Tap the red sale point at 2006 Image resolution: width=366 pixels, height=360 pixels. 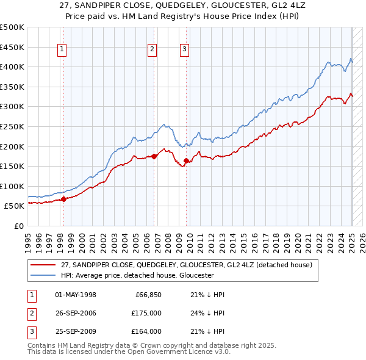(x=154, y=156)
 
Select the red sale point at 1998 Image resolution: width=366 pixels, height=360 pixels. (x=63, y=199)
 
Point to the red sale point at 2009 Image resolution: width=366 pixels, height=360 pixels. (x=185, y=160)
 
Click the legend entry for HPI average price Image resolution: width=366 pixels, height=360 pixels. (x=137, y=275)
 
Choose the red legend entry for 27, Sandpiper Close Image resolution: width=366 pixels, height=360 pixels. (x=186, y=265)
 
